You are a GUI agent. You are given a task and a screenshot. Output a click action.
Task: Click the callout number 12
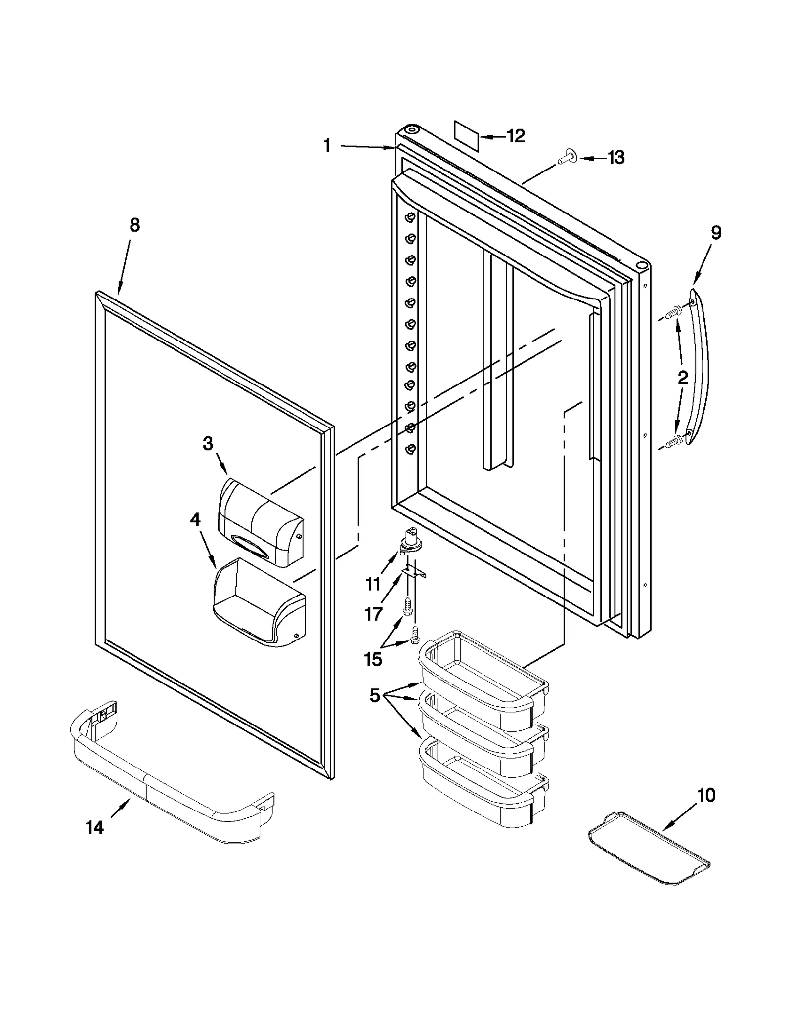(516, 136)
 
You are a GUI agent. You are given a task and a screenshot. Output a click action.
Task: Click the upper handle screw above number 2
(673, 312)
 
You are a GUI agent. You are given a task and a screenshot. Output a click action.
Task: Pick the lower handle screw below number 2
(673, 439)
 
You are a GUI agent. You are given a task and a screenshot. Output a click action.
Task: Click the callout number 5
(375, 696)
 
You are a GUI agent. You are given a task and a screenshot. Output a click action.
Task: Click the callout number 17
(373, 614)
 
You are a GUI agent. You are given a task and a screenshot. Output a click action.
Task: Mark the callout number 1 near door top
(327, 146)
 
